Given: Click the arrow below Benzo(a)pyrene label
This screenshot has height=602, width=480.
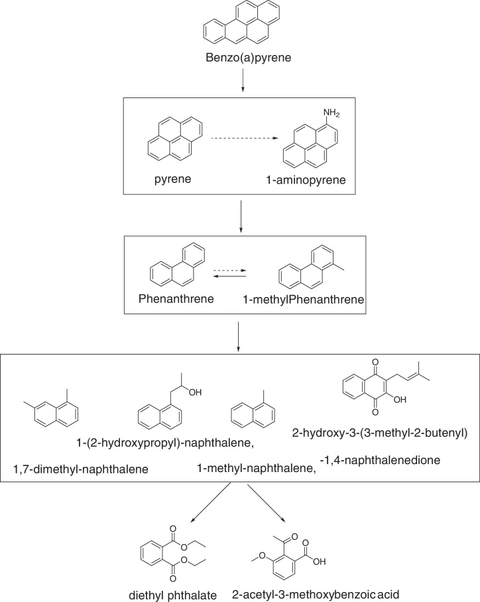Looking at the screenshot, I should tap(240, 82).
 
